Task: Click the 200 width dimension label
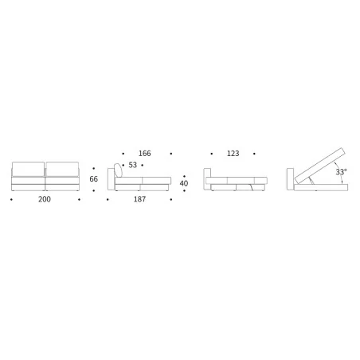45,199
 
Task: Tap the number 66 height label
93,179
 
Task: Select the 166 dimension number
145,153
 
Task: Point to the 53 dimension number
132,165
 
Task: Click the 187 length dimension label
139,199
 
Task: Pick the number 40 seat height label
184,183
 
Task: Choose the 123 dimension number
233,153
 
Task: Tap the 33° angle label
341,172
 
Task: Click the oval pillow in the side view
119,170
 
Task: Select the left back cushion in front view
28,169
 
